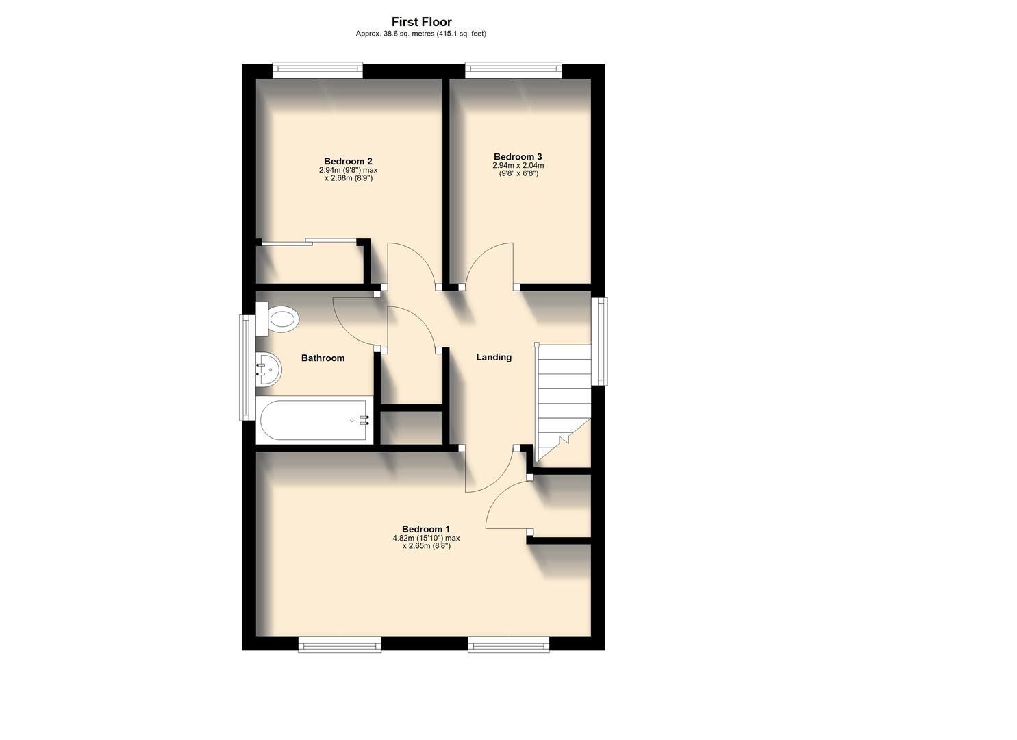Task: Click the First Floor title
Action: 421,22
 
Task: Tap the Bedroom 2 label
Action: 348,162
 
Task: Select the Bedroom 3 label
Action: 518,156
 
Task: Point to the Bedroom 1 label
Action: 425,529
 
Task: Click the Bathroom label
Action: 323,358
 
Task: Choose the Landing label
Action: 494,357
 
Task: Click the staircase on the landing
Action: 563,401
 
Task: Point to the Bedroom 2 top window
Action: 317,70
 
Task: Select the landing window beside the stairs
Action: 599,341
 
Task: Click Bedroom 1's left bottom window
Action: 340,644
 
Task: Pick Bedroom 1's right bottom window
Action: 509,644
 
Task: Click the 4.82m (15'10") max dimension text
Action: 426,539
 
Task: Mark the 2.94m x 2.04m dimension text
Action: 518,166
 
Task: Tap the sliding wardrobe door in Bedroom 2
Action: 308,241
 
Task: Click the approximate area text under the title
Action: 421,34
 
